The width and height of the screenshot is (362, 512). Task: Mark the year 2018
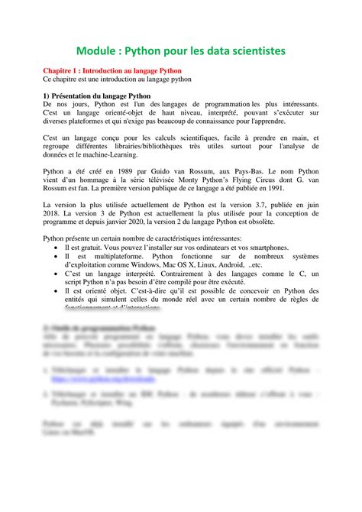[x=52, y=214]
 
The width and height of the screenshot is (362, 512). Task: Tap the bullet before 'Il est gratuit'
[x=57, y=248]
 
